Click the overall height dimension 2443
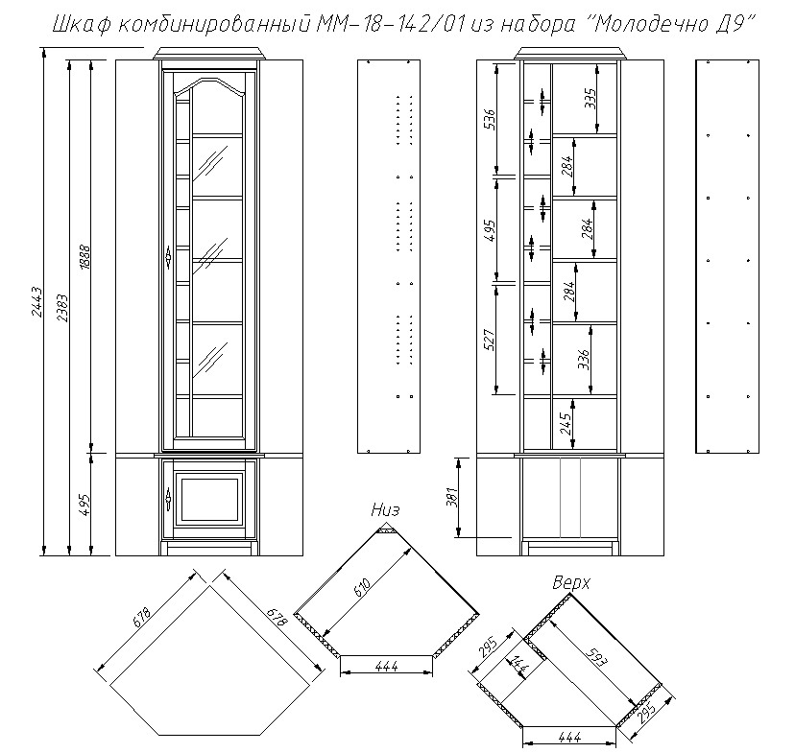37,302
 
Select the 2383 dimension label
62,308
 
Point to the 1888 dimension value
84,257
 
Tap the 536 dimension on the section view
491,120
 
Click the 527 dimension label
491,340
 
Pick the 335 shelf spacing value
590,98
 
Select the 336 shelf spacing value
584,359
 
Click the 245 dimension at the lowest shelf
566,424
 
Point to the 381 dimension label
452,497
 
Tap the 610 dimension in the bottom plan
360,591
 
